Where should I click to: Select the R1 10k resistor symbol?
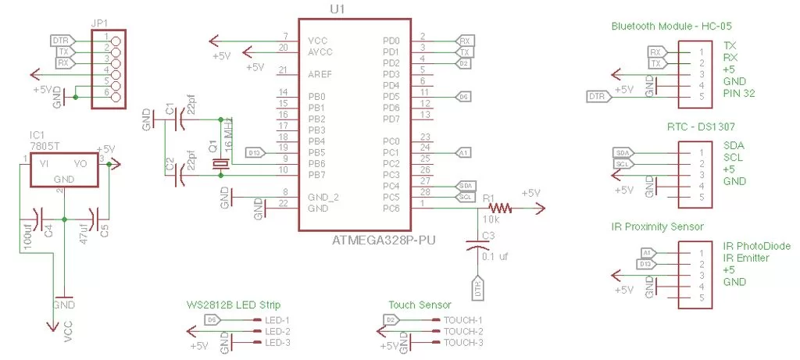pos(500,208)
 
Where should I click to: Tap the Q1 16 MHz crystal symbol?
pos(222,164)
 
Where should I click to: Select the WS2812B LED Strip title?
pos(233,305)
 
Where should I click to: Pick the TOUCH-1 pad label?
pos(464,320)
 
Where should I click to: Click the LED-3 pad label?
pos(277,342)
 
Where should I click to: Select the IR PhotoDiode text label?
pos(757,246)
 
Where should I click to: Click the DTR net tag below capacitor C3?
pos(477,289)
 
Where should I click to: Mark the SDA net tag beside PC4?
pos(466,186)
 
